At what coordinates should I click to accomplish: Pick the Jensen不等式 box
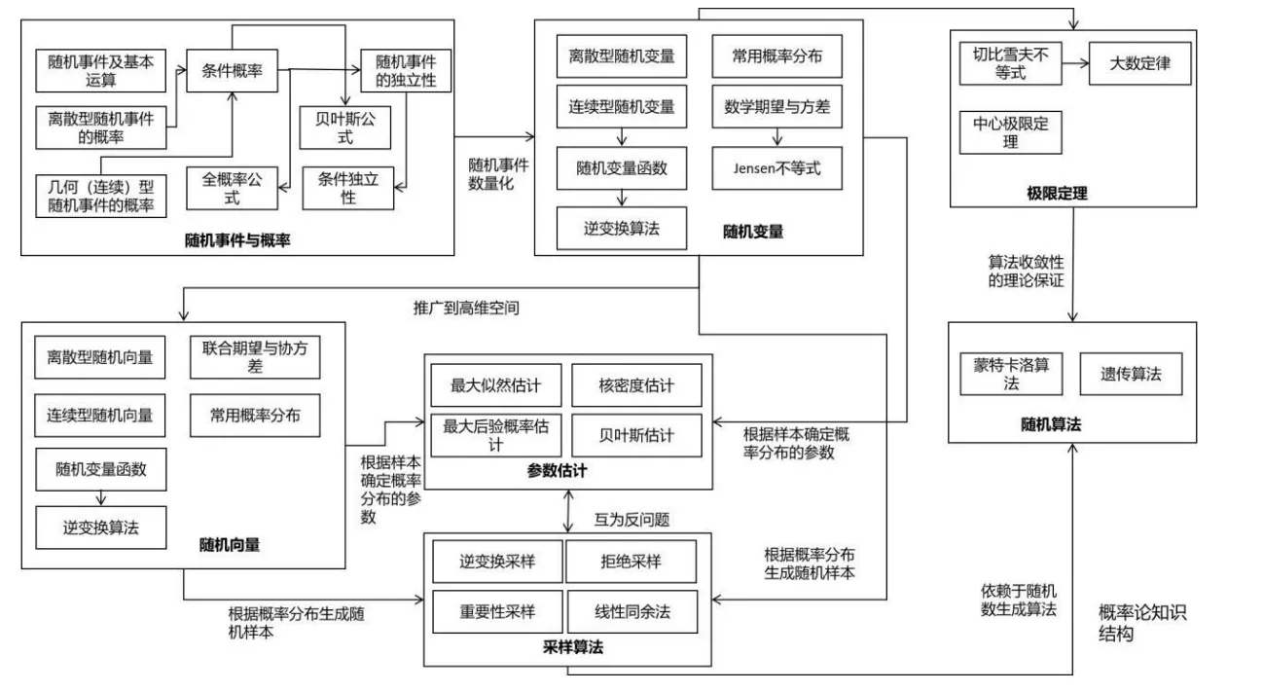tap(776, 168)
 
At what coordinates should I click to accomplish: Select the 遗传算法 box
tap(1131, 373)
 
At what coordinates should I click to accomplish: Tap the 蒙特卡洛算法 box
tap(1009, 373)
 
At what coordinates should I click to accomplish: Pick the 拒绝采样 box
tap(631, 562)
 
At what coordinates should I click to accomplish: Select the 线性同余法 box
tap(631, 612)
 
